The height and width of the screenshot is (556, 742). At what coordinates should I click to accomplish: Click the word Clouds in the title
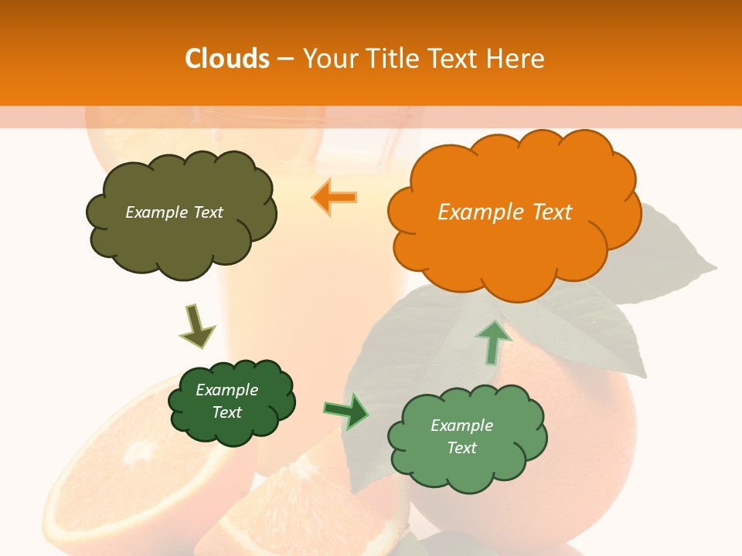227,59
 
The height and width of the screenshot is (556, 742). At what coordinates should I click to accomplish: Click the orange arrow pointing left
334,197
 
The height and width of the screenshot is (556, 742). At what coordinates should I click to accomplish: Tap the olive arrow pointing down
196,326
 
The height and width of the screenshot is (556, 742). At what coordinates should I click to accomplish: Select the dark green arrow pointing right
346,412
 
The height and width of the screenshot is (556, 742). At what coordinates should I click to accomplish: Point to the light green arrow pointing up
492,341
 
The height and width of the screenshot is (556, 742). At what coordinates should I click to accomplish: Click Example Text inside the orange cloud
505,212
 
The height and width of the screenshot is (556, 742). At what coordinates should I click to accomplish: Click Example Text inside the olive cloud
174,212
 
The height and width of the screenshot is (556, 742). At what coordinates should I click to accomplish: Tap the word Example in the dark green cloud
226,390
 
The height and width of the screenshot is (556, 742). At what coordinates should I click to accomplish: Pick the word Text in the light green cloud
461,448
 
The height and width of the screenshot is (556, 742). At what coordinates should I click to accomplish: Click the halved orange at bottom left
116,471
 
